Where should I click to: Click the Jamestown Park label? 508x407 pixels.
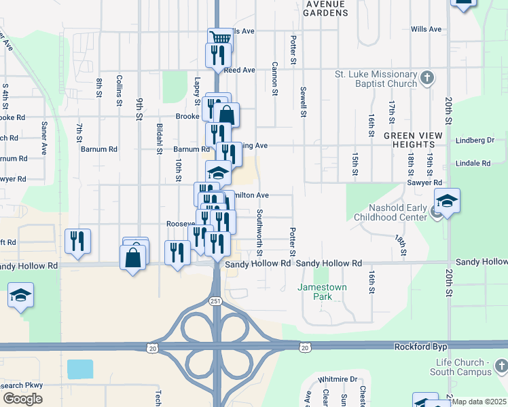(320, 292)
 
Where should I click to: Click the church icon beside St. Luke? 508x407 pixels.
(427, 78)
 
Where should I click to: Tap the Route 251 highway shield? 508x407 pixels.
(216, 301)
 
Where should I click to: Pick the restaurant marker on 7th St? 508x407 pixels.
(78, 241)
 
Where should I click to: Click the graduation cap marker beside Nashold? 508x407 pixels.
(448, 201)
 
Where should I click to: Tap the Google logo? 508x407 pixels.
(22, 399)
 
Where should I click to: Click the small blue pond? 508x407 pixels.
(81, 369)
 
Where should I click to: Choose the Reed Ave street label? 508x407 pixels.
(239, 70)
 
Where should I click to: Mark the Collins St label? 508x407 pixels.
(119, 91)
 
